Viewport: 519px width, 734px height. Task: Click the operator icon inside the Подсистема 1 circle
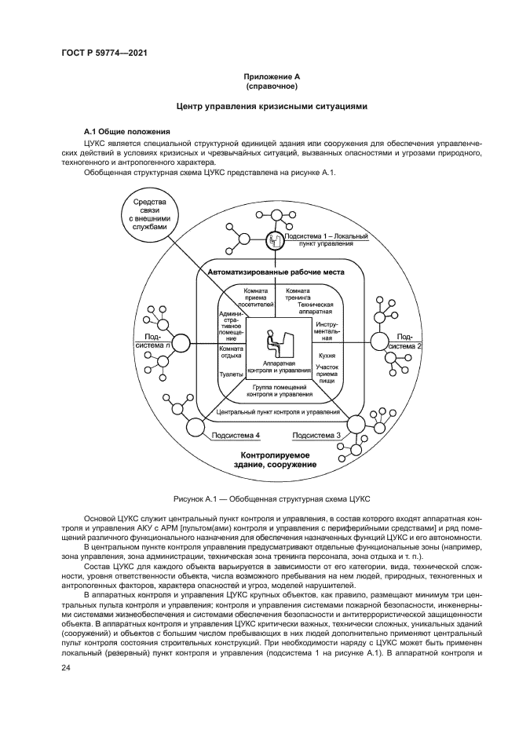275,240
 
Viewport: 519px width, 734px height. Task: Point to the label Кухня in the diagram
327,355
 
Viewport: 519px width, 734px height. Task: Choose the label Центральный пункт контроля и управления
276,411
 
